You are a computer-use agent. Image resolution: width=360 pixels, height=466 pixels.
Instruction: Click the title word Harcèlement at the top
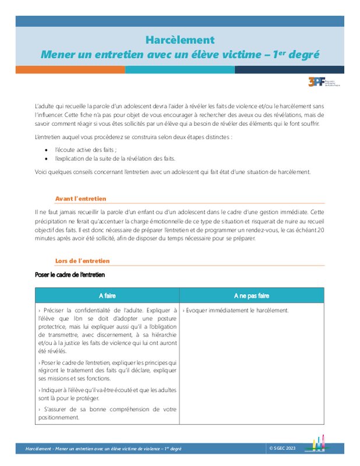pos(179,40)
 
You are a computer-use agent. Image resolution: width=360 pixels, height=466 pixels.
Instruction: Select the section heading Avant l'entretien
pos(80,199)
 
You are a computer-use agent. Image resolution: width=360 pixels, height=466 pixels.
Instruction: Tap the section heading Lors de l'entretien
pos(82,261)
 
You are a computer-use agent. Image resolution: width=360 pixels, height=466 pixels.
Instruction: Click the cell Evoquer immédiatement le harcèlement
pos(235,310)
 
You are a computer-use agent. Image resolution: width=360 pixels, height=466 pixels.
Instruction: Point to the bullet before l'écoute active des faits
pos(46,150)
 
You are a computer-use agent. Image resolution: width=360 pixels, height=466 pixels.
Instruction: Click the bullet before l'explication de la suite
pos(46,158)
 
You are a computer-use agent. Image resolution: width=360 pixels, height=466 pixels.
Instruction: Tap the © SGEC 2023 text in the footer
pos(283,448)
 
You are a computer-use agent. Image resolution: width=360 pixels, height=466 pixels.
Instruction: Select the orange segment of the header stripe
pos(70,69)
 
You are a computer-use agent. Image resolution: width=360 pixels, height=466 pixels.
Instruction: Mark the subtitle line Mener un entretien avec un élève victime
pos(179,55)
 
